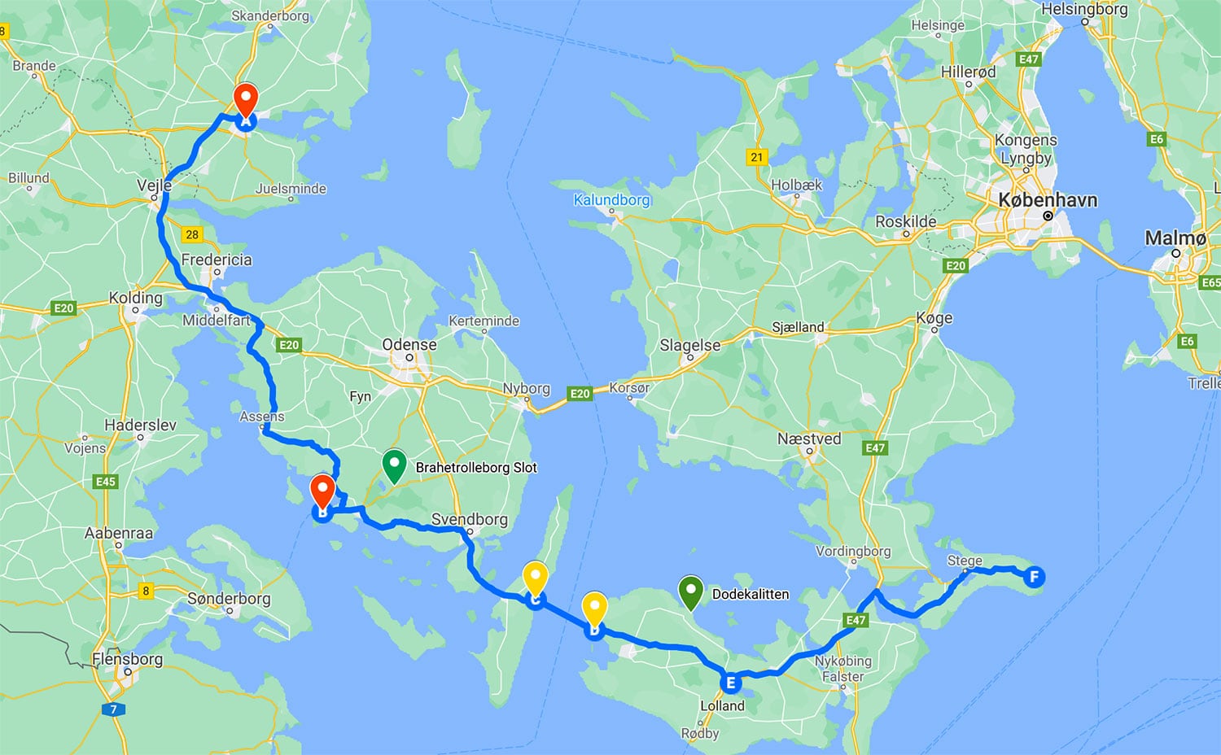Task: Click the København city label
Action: pos(1048,200)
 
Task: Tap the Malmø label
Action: pos(1175,238)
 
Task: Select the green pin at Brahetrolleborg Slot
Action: pos(394,466)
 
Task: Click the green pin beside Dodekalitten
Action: pos(690,592)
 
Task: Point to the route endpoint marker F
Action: pos(1034,578)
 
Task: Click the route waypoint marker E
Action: pos(730,683)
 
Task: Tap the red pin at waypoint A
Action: pos(246,102)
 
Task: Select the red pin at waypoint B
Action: pos(323,492)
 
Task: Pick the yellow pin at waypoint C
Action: pos(535,579)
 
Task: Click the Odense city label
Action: pos(409,345)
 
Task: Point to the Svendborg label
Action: pos(469,519)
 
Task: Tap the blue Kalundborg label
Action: pos(611,200)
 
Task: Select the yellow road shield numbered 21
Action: pos(757,157)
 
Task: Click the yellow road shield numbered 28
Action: pos(192,234)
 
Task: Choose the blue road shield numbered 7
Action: pos(113,709)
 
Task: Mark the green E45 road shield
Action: pos(106,482)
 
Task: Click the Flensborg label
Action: pos(127,659)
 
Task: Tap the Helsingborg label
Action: pos(1084,10)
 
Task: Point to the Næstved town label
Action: pos(809,439)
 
